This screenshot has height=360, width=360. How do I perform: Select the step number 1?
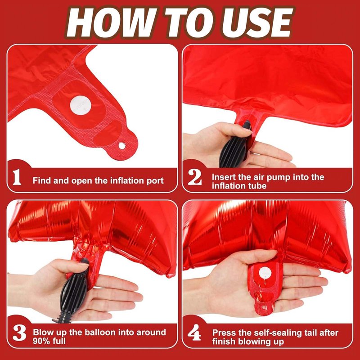[x=17, y=177]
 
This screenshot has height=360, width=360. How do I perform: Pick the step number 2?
[x=195, y=177]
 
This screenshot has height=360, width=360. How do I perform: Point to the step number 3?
[x=19, y=333]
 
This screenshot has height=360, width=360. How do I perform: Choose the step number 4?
[x=194, y=333]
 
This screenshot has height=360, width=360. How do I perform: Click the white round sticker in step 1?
[x=81, y=105]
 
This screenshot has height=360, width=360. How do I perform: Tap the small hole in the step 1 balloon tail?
[x=121, y=145]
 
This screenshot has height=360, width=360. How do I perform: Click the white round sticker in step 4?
[x=265, y=273]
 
